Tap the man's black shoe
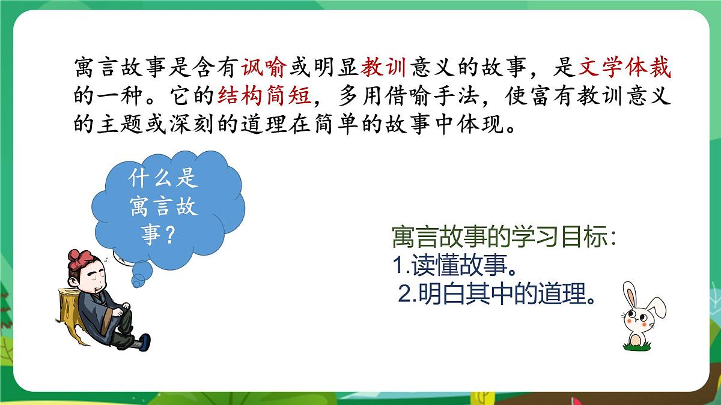[143, 343]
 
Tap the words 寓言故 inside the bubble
[163, 207]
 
